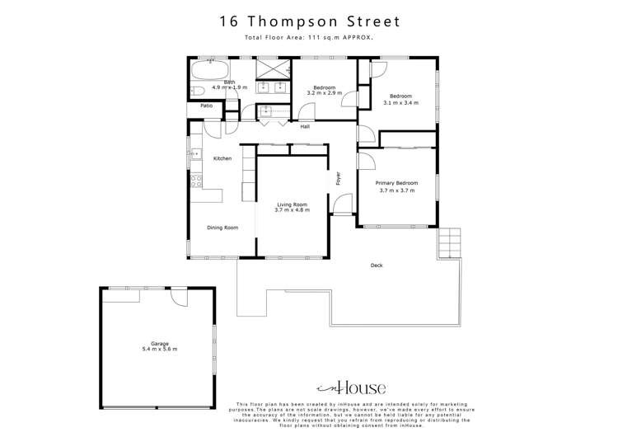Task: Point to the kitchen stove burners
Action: coord(197,182)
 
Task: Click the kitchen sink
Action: coord(195,153)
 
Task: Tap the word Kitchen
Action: coord(222,158)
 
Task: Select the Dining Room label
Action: coord(222,228)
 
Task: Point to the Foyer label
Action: coord(337,178)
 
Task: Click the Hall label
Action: coord(305,126)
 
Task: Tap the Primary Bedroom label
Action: coord(396,182)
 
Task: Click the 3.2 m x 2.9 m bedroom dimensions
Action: coord(324,93)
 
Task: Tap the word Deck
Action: coord(377,265)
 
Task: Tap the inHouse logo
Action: coord(351,386)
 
